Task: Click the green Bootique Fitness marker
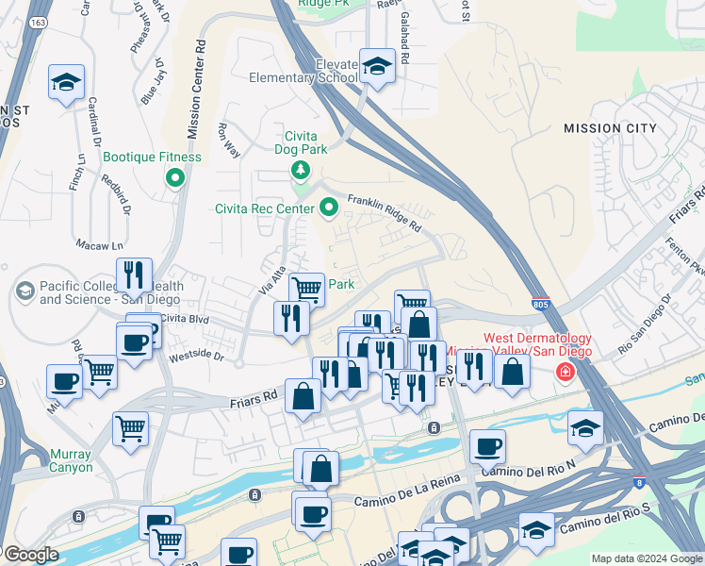174,177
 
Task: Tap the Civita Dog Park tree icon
300,170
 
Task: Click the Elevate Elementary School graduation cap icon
377,67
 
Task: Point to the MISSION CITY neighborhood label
611,128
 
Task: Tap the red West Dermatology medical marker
565,373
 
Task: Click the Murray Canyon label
72,460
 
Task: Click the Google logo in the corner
32,555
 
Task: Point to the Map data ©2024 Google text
646,558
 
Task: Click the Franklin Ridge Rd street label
384,210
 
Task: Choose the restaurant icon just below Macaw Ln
134,275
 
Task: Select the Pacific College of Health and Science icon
25,292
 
